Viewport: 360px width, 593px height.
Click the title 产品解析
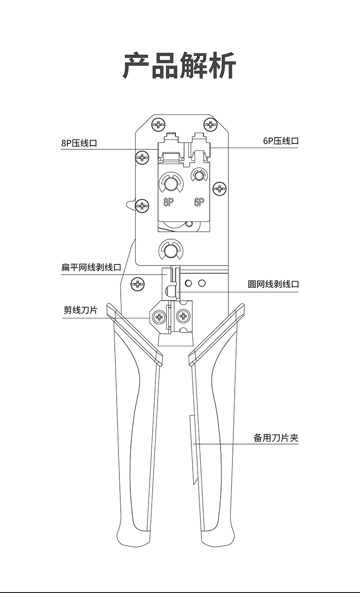(180, 66)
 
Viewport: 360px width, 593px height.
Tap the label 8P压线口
(79, 143)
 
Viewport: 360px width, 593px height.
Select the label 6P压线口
(281, 141)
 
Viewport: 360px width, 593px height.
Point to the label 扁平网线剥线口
(91, 267)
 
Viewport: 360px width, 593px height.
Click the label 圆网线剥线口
(273, 284)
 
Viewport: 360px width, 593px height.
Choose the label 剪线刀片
(80, 310)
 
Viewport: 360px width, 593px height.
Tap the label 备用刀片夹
(276, 438)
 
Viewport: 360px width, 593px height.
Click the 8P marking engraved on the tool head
(168, 203)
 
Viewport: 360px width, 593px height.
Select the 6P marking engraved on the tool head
(199, 203)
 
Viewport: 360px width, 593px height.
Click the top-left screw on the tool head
(159, 124)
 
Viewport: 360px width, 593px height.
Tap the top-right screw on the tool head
(211, 124)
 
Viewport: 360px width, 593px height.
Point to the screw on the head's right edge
(220, 189)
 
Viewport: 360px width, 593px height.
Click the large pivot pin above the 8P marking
(171, 183)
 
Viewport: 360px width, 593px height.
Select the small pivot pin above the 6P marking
(199, 175)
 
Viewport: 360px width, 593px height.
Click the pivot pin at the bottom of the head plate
(171, 250)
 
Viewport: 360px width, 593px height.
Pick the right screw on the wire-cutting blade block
(183, 316)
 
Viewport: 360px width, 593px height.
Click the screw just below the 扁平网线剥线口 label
(138, 284)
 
